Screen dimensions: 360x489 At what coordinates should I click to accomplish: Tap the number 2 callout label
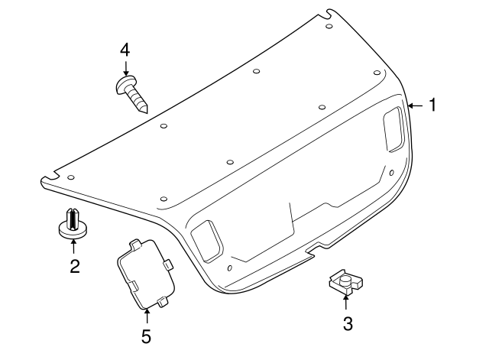(x=74, y=267)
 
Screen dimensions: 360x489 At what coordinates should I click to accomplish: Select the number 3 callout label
(x=348, y=324)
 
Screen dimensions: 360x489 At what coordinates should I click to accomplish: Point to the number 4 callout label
(x=125, y=50)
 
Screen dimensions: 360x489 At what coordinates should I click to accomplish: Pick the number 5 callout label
(x=146, y=335)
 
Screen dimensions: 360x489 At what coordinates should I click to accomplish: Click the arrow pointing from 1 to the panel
(x=415, y=105)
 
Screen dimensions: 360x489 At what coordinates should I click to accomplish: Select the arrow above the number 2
(x=73, y=246)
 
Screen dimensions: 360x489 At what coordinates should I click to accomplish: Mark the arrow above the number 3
(x=345, y=303)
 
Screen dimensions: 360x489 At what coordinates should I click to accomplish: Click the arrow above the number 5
(x=146, y=315)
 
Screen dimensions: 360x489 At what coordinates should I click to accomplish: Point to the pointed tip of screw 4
(x=145, y=109)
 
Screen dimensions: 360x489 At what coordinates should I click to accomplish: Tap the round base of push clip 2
(x=73, y=229)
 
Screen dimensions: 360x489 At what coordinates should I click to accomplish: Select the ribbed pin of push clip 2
(x=72, y=216)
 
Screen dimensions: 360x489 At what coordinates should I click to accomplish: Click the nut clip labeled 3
(x=342, y=284)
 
